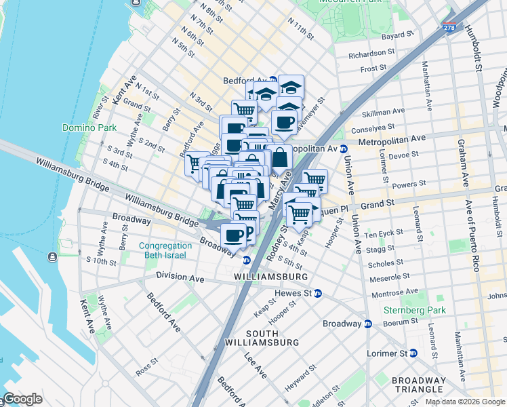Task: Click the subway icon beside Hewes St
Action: tap(317, 294)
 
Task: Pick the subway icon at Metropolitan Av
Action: tap(344, 149)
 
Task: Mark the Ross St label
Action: tap(146, 371)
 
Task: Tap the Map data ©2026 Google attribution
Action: tap(464, 402)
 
